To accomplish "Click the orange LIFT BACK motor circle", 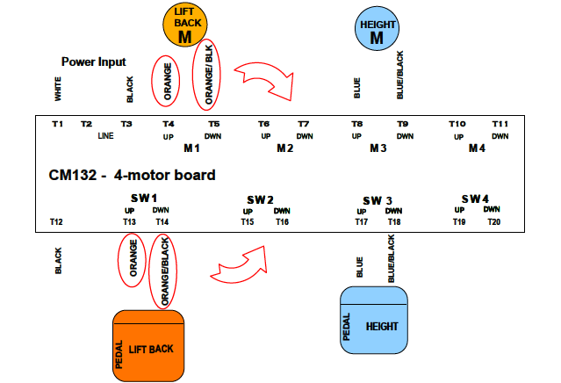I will [184, 24].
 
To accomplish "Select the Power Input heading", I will [93, 62].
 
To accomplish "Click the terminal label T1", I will [57, 124].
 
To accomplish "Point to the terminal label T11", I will [500, 124].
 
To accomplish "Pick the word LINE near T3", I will [105, 136].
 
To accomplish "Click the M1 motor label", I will [192, 148].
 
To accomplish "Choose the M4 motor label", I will [476, 148].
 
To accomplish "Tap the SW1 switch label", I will [143, 198].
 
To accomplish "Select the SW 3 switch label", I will [377, 200].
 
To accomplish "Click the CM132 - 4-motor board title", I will [132, 176].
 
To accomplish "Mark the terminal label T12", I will [56, 222].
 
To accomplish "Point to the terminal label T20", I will [495, 222].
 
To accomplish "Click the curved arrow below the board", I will [241, 263].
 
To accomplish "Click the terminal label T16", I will [282, 222].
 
